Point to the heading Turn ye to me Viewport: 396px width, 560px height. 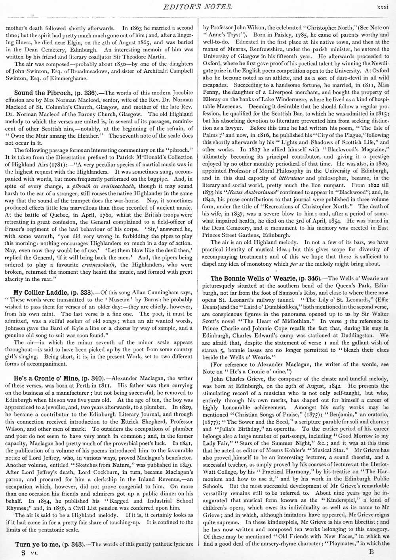pos(38,544)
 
